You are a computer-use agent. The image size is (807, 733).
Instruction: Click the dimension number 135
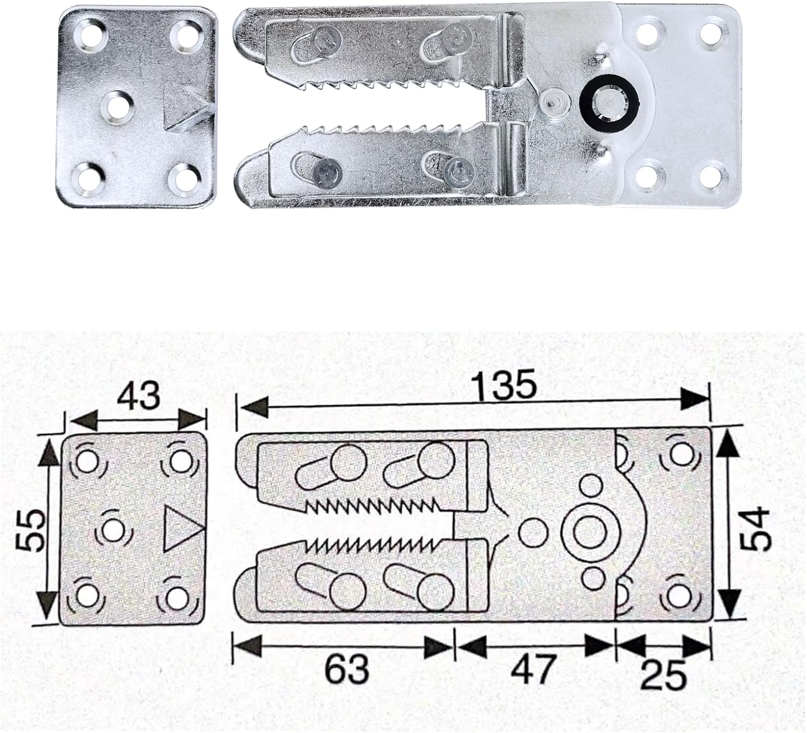504,385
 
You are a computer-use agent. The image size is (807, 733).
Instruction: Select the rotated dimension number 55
29,531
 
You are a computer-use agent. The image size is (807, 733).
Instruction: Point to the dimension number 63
347,669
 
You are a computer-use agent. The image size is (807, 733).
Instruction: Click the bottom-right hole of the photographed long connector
713,174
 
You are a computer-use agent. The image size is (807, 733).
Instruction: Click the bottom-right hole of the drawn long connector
678,595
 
